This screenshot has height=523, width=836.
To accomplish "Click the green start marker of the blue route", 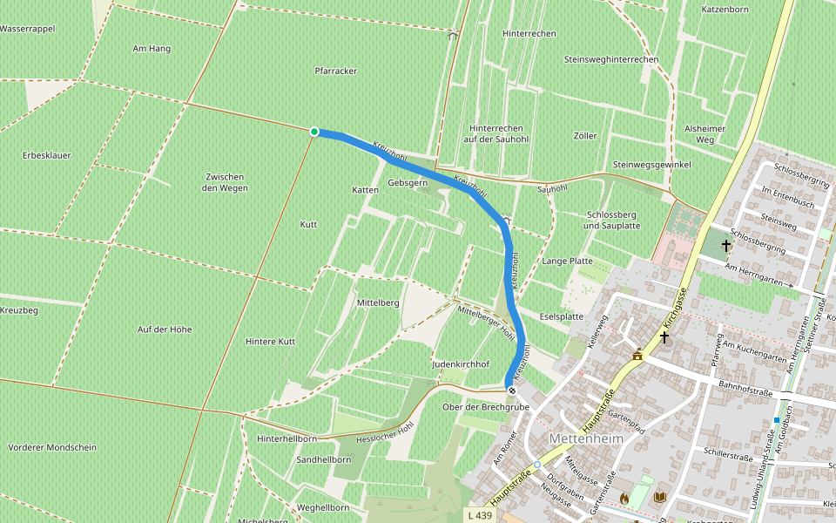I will point(314,132).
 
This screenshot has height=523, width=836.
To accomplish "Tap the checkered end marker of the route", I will point(511,391).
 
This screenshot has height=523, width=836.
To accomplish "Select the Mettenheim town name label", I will point(587,438).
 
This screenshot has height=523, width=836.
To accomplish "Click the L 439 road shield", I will point(480,515).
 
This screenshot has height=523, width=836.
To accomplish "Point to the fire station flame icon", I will point(624,497).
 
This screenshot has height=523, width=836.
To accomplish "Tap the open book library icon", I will point(660,497).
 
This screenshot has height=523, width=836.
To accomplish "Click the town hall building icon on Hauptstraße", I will point(637,355).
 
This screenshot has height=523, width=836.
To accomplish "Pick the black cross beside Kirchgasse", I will point(664,336).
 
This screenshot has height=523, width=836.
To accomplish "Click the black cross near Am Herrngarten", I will point(725,247).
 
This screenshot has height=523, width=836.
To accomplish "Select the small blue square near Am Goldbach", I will point(776,420).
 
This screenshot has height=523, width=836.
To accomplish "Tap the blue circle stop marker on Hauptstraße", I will point(537,465).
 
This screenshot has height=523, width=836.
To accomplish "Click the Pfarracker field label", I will point(336,71).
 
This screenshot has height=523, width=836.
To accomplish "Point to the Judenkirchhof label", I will point(461,363).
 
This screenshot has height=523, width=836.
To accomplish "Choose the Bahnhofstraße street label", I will point(746,391).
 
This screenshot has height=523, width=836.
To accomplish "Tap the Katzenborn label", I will point(725,10).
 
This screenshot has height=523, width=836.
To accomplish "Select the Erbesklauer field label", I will point(47,155).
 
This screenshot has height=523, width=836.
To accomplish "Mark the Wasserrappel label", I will point(28,29).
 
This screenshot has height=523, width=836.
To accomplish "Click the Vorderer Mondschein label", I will point(51,447).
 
